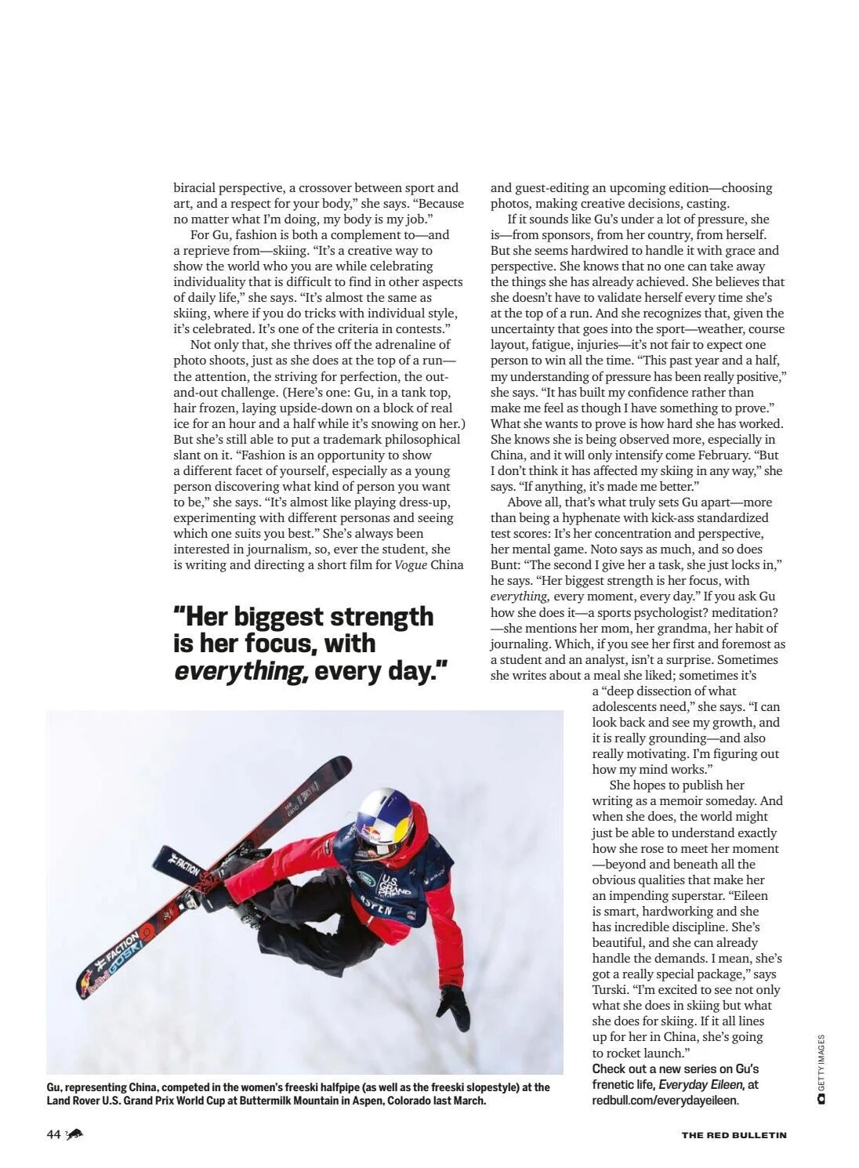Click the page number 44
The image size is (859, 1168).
[53, 1134]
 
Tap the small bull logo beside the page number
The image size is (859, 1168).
[75, 1134]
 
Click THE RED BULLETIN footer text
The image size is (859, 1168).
[734, 1134]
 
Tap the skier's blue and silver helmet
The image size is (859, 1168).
[383, 820]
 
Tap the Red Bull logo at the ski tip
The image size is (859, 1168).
[91, 985]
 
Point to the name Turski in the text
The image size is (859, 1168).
[610, 989]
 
